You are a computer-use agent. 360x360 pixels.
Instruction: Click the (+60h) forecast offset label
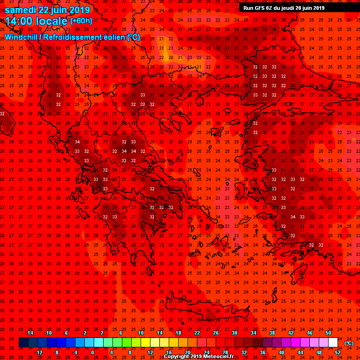tap(81, 21)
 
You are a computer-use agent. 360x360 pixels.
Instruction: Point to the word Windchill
tap(22, 37)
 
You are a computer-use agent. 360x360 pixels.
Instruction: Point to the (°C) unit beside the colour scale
tap(349, 343)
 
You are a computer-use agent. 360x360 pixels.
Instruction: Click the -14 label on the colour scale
tap(29, 333)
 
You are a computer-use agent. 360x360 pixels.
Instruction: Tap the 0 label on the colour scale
tap(92, 352)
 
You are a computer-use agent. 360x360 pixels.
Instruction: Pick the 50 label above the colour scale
tap(328, 333)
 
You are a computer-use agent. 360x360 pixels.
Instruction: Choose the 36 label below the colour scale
tap(262, 352)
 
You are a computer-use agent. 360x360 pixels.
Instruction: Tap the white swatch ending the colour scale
tap(333, 343)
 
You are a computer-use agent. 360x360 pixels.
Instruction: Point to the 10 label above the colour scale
tap(141, 333)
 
